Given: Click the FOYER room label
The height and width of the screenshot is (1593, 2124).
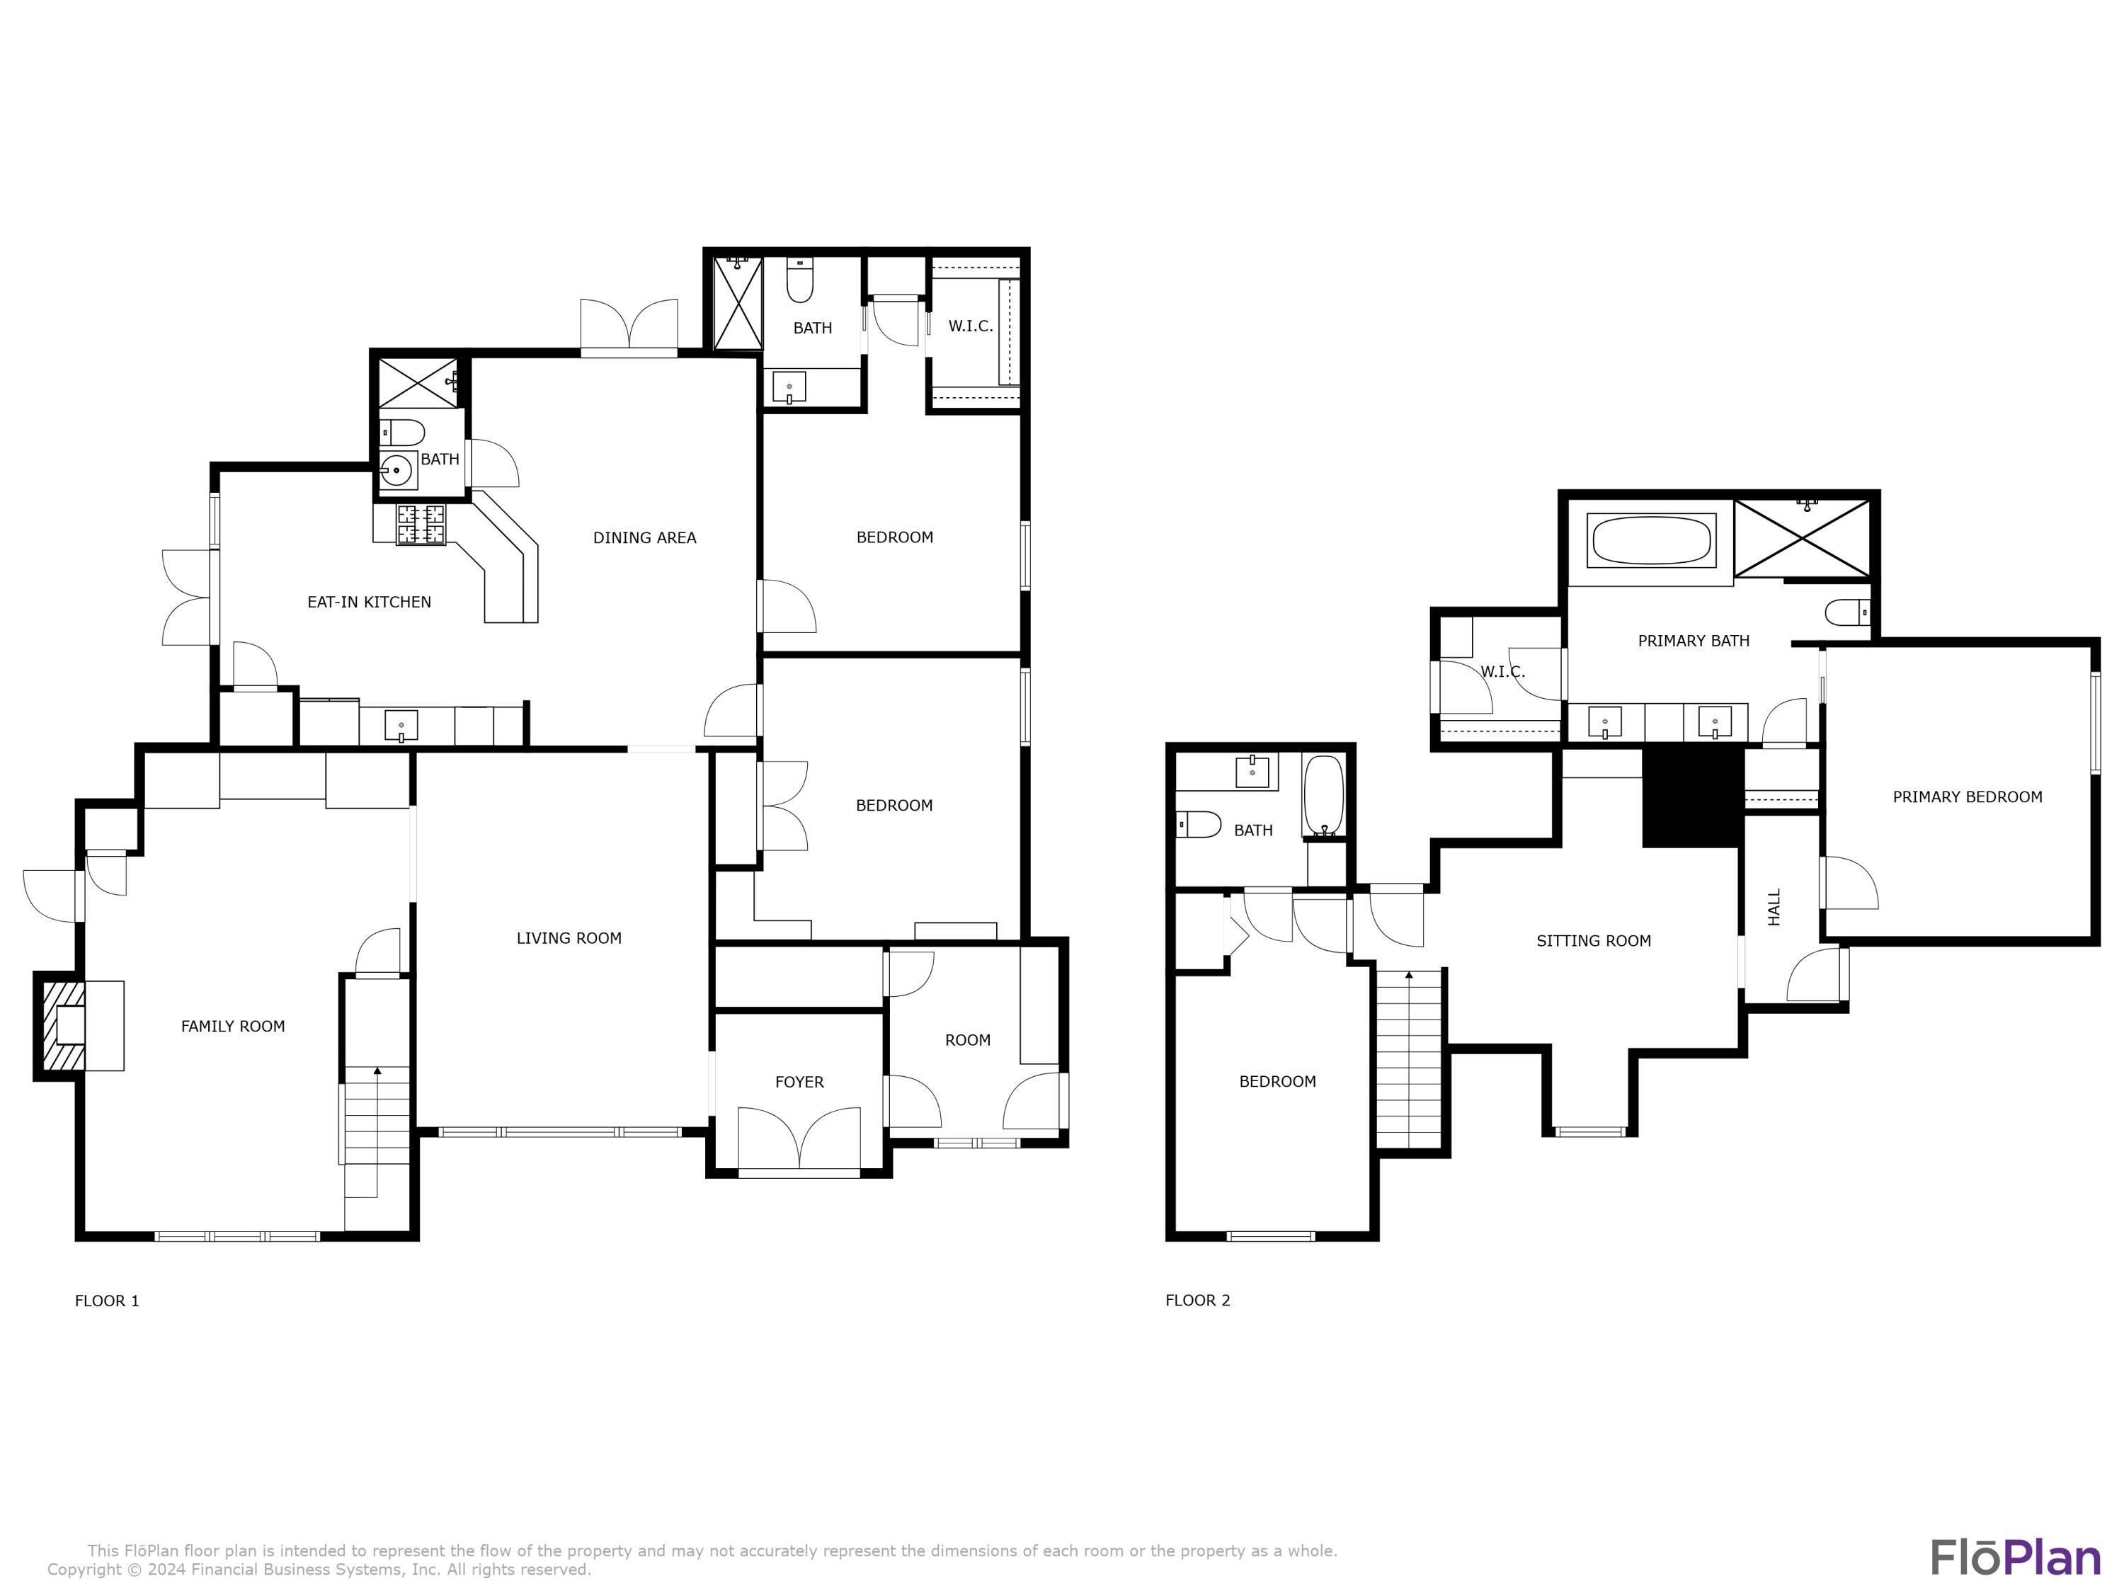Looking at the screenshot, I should pyautogui.click(x=799, y=1082).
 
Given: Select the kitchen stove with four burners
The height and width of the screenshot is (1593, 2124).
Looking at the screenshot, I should pyautogui.click(x=421, y=525).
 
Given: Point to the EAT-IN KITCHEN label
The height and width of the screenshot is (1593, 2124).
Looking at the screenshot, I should pyautogui.click(x=369, y=602).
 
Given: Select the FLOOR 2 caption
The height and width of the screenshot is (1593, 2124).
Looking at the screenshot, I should pyautogui.click(x=1197, y=1300).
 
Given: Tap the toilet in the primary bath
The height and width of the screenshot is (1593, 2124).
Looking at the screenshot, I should pyautogui.click(x=1846, y=612).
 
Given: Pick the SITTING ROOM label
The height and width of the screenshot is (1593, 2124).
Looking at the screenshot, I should pyautogui.click(x=1593, y=941).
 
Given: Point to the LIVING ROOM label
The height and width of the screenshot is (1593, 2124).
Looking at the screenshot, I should pyautogui.click(x=569, y=938).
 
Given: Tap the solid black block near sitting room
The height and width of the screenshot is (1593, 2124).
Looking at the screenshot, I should pyautogui.click(x=1692, y=798).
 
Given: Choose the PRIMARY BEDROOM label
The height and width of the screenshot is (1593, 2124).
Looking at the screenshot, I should pyautogui.click(x=1967, y=797).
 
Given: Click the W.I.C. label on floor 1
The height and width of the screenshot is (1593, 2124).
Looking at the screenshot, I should pyautogui.click(x=970, y=326).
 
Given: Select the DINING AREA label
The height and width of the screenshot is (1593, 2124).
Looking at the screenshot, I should pyautogui.click(x=644, y=537).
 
